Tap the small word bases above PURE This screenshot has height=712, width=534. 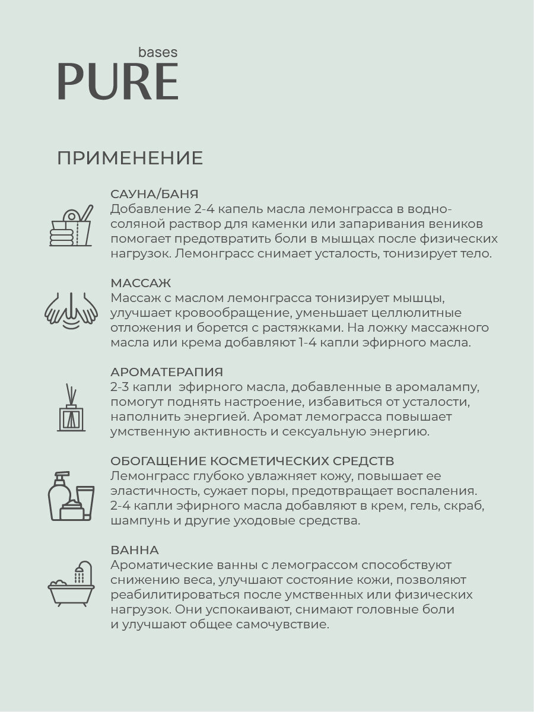coord(157,52)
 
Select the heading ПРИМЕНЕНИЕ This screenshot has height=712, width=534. coord(130,158)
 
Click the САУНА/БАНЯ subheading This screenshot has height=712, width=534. coord(154,194)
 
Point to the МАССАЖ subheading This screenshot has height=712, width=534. coord(141,283)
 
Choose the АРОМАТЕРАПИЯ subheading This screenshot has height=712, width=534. coord(167,372)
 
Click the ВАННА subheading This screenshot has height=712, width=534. coord(135,550)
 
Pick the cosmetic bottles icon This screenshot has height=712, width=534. coord(71,496)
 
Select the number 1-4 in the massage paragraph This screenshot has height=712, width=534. coord(326,342)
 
